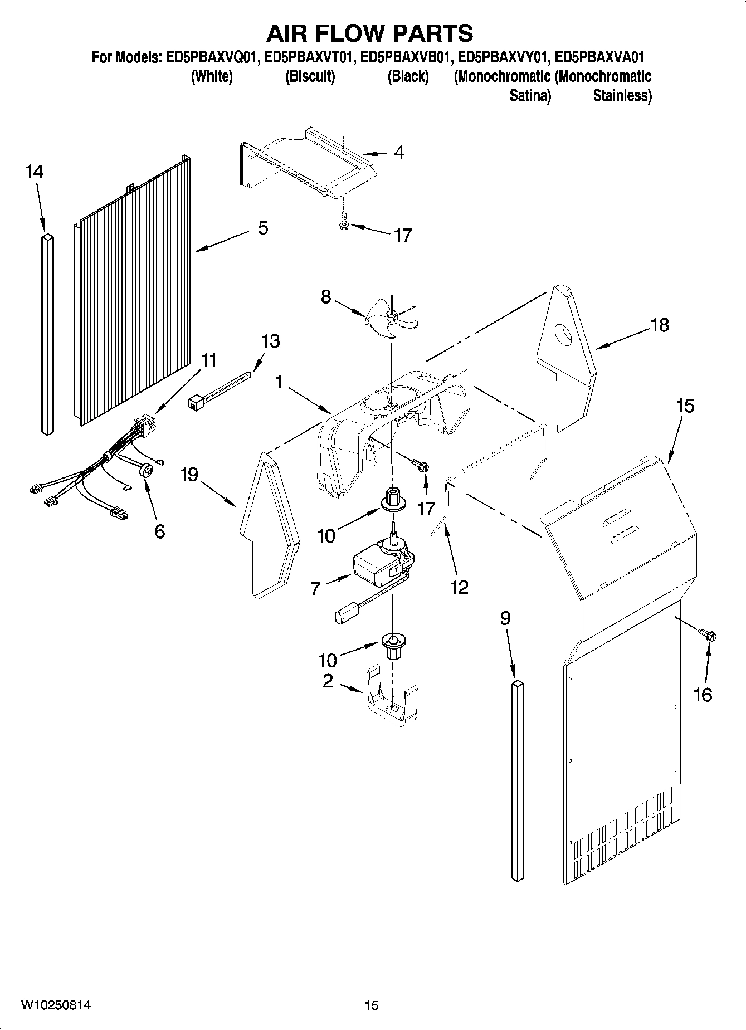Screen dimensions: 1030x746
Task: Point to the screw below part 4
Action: (x=343, y=223)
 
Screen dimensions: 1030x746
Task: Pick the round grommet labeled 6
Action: (x=147, y=471)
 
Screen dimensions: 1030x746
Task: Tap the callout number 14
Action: (x=34, y=172)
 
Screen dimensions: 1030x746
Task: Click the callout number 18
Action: (x=660, y=325)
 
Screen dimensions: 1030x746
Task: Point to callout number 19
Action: (x=189, y=475)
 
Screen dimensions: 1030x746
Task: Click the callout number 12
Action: (x=459, y=587)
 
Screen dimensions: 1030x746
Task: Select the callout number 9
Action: (x=505, y=618)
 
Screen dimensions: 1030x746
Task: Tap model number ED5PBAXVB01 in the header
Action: (x=405, y=57)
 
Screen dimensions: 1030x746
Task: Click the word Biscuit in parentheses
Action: (x=310, y=76)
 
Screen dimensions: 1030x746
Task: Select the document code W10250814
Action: (x=56, y=1005)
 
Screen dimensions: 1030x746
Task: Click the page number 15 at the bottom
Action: (x=371, y=1005)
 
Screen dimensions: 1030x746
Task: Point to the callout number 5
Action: (x=262, y=227)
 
